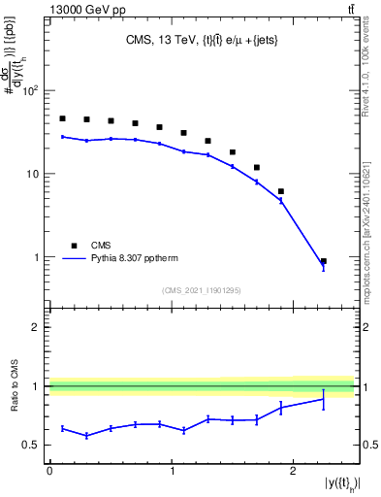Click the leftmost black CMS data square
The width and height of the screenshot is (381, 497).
coord(62,118)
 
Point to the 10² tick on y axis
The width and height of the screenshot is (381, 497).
coord(29,91)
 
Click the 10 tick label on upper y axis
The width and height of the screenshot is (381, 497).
coord(32,175)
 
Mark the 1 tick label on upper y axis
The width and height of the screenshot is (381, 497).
coord(37,258)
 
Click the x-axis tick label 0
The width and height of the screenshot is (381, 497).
coord(49,471)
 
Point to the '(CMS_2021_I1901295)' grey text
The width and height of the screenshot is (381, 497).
coord(202,290)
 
